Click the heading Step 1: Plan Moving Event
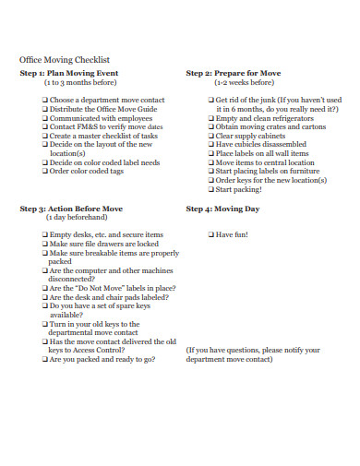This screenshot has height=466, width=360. point(68,72)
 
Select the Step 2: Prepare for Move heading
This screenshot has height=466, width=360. point(234,72)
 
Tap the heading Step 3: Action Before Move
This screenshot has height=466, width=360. point(71,209)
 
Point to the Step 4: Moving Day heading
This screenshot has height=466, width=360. point(222,209)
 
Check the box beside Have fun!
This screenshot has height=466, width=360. point(211,235)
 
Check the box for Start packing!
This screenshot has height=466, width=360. point(211,189)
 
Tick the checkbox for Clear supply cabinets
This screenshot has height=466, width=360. point(211,136)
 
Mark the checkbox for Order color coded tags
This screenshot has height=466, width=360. point(44,171)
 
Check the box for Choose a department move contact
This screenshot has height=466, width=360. point(44,99)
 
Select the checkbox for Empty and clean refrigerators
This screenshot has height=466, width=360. point(211,117)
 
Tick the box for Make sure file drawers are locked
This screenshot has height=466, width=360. point(44,244)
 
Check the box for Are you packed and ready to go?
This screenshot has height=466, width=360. point(44,360)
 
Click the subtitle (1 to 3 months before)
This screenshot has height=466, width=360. point(82,81)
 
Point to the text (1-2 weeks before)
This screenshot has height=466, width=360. point(244,81)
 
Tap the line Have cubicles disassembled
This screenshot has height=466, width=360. point(260,144)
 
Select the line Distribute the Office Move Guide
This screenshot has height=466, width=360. point(96,108)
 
